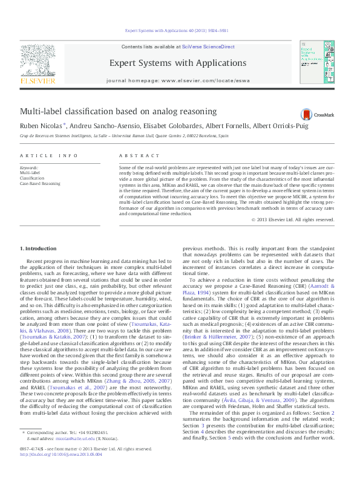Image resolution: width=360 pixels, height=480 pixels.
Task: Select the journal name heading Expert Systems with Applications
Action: tap(177, 63)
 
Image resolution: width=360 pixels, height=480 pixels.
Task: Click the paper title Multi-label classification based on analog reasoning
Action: tap(118, 111)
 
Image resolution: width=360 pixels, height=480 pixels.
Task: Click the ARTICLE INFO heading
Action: tap(49, 156)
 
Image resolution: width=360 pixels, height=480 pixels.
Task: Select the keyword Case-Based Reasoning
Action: tap(40, 183)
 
